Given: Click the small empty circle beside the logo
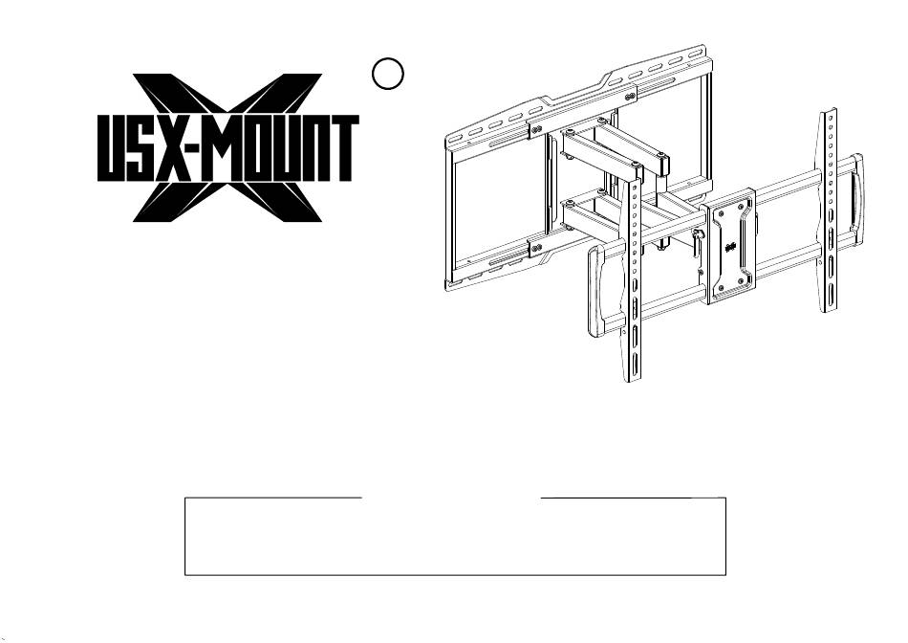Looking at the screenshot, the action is [x=386, y=73].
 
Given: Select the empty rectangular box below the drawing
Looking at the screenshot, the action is [x=455, y=536].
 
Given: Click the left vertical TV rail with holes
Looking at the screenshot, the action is [x=632, y=277].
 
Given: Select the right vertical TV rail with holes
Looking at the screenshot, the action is [x=831, y=211].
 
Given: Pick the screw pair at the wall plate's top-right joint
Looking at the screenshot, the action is [x=630, y=96].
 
